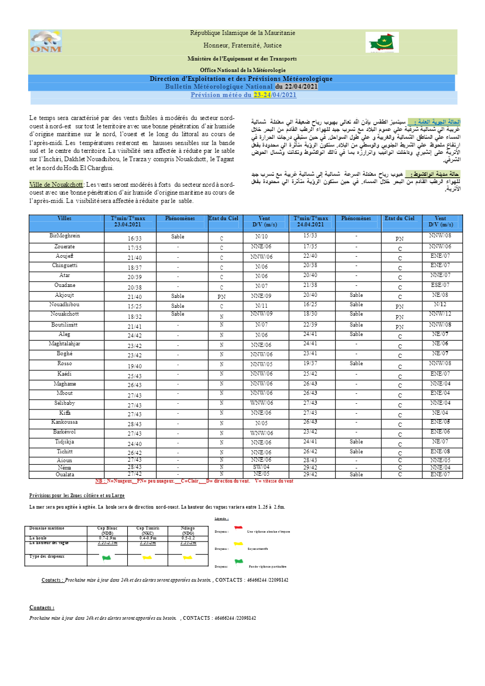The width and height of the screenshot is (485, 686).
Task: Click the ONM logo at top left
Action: (46, 42)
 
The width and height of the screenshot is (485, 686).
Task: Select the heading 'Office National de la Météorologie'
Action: (242, 70)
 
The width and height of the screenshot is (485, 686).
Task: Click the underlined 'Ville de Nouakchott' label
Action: (56, 185)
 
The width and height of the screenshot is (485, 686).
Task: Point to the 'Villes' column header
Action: (65, 219)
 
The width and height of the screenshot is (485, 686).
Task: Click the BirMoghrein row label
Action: (65, 236)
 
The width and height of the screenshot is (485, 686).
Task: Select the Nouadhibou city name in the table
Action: (65, 305)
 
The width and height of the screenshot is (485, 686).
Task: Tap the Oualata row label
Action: (65, 475)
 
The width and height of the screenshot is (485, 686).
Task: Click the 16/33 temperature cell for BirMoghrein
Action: (135, 238)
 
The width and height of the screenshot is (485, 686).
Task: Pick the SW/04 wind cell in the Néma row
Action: (261, 467)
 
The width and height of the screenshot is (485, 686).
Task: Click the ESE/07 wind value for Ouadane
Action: (440, 285)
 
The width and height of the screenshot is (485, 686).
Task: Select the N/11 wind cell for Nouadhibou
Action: (261, 306)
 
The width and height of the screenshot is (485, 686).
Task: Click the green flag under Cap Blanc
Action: (107, 558)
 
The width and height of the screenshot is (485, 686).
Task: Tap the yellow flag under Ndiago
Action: (187, 558)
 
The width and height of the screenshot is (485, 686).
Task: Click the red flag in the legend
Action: (238, 528)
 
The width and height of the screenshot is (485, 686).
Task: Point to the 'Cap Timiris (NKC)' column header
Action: (148, 531)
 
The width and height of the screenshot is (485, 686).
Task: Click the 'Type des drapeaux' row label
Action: (47, 557)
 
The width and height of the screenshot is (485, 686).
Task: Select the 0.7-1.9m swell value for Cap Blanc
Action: (107, 538)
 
